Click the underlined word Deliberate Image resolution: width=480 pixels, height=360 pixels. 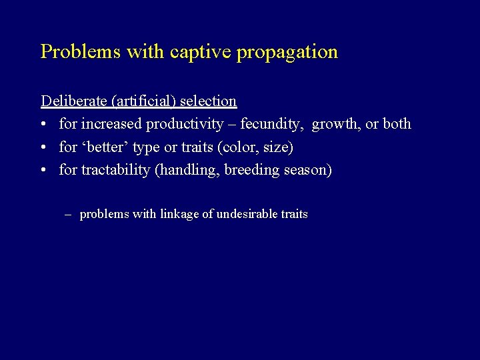74,101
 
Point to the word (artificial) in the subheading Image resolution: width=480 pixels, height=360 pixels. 143,101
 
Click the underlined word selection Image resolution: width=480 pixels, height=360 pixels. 208,101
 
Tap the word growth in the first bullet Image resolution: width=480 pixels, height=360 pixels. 335,125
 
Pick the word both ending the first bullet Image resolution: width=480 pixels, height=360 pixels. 397,124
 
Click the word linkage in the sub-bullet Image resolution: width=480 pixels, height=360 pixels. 181,214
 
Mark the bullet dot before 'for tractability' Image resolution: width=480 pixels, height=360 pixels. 44,170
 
